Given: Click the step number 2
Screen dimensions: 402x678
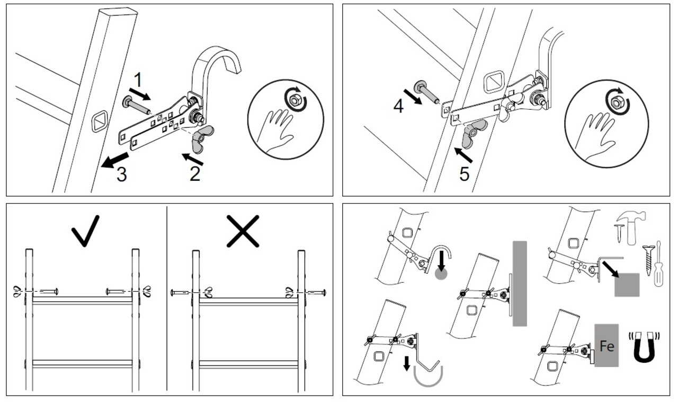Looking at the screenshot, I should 195,173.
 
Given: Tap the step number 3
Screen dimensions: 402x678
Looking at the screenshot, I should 121,174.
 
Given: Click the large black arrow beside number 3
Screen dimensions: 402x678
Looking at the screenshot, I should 115,160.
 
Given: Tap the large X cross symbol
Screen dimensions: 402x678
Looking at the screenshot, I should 243,231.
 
